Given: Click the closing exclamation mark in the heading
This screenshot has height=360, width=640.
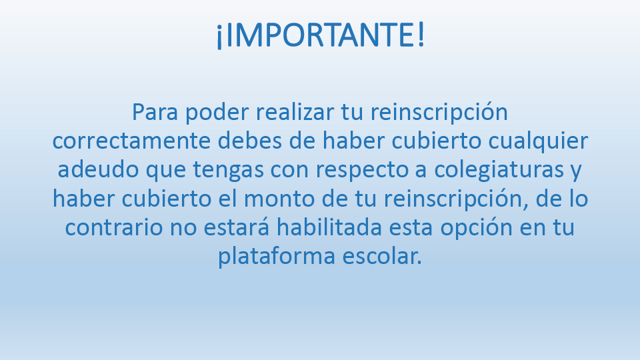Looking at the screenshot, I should pos(421,36).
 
